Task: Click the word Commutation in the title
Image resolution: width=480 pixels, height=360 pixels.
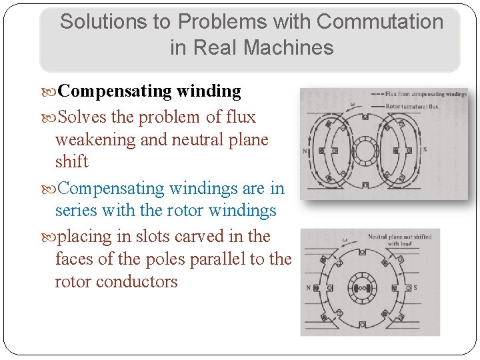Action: (x=380, y=21)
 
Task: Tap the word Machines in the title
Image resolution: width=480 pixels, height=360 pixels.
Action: (x=289, y=47)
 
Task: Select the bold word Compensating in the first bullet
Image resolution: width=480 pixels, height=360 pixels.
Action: (x=117, y=91)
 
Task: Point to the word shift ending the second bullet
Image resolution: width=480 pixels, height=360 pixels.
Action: (x=71, y=161)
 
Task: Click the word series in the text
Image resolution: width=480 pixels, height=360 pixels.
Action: (x=75, y=211)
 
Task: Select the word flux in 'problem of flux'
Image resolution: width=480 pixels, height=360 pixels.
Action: (x=241, y=117)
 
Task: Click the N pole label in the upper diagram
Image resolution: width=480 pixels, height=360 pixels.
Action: (x=305, y=151)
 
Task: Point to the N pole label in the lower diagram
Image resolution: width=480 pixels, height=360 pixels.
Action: (x=308, y=288)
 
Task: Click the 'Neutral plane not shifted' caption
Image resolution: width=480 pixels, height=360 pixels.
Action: (x=399, y=237)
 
